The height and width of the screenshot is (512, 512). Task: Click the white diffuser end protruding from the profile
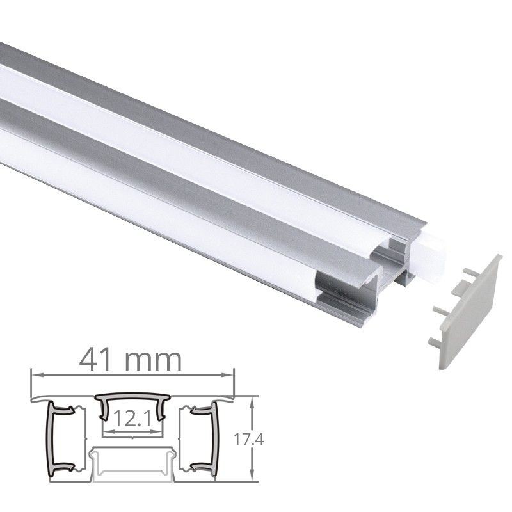tap(429, 256)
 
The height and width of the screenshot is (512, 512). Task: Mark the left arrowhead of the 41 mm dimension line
tap(34, 374)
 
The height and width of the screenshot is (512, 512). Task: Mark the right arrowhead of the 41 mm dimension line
tap(232, 374)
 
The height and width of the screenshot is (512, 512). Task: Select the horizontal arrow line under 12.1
tap(131, 433)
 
